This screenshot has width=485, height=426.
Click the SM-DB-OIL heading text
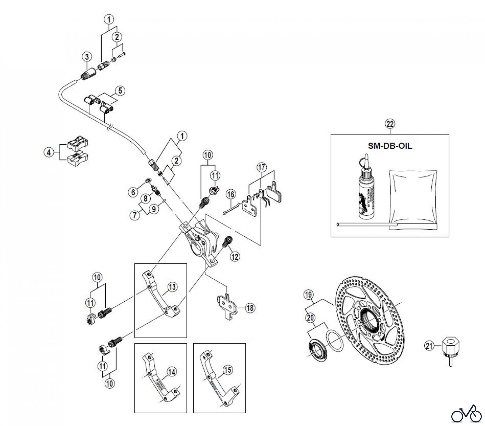tap(390, 146)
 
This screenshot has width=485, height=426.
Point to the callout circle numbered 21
tap(429, 346)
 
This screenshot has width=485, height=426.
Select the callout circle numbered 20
tap(310, 318)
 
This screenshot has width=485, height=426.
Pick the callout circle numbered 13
tap(172, 287)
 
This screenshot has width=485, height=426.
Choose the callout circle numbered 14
tap(172, 372)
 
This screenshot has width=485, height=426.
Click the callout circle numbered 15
tap(228, 370)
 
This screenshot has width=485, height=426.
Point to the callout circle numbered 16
tap(231, 194)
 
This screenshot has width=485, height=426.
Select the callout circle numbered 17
tap(261, 167)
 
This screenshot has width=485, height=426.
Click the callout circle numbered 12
tap(235, 257)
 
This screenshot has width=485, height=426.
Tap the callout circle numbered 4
tap(49, 152)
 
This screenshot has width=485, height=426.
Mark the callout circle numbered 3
tap(87, 57)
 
